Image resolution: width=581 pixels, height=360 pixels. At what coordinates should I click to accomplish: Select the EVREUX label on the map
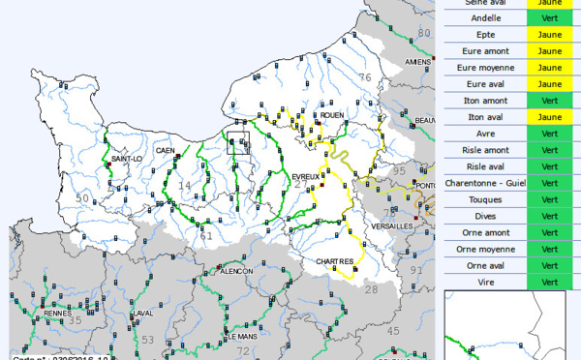(307, 176)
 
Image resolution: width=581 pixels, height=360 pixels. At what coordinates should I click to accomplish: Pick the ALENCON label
(237, 272)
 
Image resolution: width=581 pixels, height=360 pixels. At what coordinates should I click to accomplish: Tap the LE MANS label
(241, 336)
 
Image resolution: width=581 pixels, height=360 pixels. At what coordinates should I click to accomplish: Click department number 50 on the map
(83, 198)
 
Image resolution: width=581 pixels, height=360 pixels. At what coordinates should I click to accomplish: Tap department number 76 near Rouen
(365, 77)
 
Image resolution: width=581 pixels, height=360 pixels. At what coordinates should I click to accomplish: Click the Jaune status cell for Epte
(550, 34)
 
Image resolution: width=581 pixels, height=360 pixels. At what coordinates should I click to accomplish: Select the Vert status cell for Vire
(550, 282)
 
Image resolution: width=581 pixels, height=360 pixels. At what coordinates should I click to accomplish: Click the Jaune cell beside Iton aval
(550, 117)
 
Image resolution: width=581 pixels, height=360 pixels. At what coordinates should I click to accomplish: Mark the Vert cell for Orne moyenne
(550, 249)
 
